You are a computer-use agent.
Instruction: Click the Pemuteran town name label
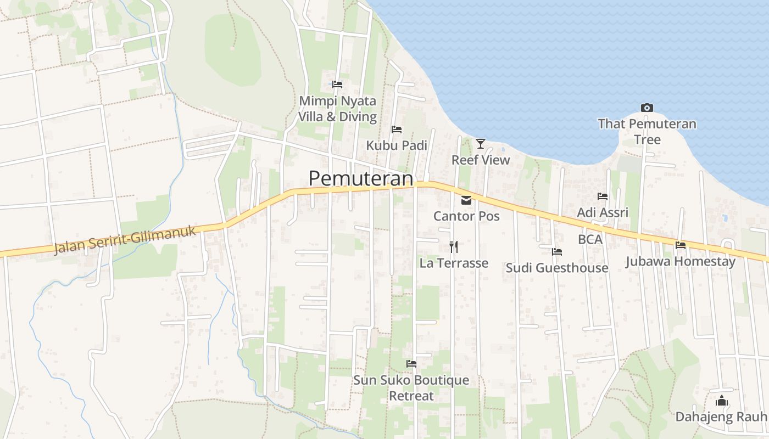tap(360, 178)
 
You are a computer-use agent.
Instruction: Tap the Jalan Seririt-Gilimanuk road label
tap(125, 240)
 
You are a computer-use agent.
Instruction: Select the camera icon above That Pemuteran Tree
tap(647, 108)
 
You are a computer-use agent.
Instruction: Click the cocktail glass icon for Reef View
tap(481, 144)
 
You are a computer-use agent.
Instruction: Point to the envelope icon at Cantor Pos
tap(466, 200)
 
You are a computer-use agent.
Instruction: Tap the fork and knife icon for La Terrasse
tap(454, 247)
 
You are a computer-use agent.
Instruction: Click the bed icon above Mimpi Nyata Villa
tap(337, 85)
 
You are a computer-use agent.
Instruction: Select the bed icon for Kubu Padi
tap(397, 130)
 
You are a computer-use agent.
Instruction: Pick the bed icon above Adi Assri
tap(603, 196)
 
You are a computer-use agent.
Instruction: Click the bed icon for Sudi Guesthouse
tap(557, 252)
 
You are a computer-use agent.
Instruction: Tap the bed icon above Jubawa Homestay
tap(681, 245)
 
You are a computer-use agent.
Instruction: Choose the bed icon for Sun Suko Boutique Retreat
tap(411, 364)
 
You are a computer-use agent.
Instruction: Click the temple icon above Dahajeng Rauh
tap(722, 401)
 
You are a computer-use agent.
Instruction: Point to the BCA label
tap(590, 239)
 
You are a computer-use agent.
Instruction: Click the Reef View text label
tap(481, 160)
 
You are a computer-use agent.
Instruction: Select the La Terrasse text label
tap(454, 263)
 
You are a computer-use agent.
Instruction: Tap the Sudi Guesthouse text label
tap(557, 268)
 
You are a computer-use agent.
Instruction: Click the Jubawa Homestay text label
tap(681, 261)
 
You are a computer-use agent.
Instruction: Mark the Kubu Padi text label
tap(397, 145)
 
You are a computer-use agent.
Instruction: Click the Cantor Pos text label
tap(466, 216)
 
